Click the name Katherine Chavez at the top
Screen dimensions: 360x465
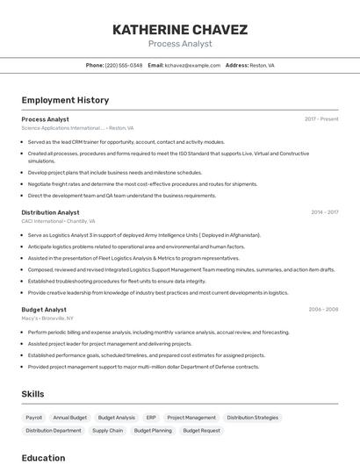(x=180, y=29)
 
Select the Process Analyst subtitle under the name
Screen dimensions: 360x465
(x=180, y=44)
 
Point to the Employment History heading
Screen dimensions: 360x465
(x=65, y=100)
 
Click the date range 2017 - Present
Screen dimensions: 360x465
(x=321, y=119)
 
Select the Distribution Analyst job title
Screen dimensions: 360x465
(x=50, y=212)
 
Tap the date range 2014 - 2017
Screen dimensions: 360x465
(x=324, y=212)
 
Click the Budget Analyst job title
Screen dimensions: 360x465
(x=44, y=310)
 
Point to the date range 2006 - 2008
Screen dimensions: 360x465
(x=323, y=310)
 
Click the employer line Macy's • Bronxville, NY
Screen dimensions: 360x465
(x=47, y=318)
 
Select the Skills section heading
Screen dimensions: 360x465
(x=32, y=394)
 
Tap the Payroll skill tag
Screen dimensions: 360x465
(x=33, y=418)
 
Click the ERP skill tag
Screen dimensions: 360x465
(x=151, y=418)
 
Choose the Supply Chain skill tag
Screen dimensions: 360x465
(x=107, y=431)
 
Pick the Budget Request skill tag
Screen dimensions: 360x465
(x=201, y=431)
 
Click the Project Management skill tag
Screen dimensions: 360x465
(x=191, y=418)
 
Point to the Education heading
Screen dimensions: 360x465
(x=43, y=458)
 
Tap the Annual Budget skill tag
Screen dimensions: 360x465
(x=70, y=418)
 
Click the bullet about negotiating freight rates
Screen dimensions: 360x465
(x=142, y=184)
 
